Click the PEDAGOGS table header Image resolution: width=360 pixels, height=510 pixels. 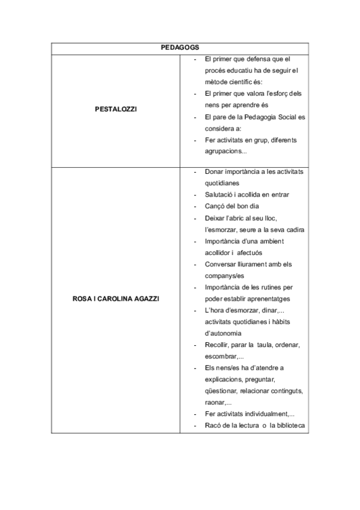click(180, 48)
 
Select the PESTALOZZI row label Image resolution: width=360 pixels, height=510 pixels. click(116, 111)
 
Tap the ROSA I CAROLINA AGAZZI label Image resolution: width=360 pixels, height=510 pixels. click(116, 298)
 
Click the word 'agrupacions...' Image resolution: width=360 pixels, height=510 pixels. click(225, 152)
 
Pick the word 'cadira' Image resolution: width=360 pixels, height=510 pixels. click(294, 230)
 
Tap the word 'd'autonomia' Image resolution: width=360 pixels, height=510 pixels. click(224, 333)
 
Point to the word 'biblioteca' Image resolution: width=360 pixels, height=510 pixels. click(291, 426)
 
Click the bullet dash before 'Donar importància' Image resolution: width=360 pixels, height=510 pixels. click(197, 171)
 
